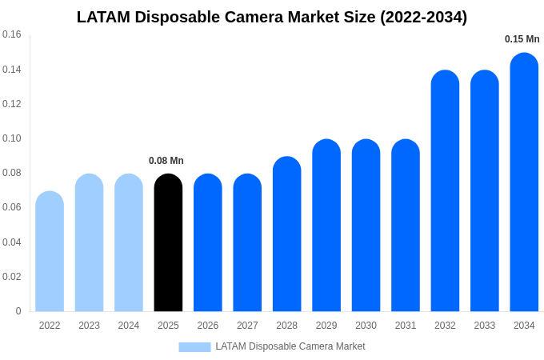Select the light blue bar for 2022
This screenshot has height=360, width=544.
(x=50, y=251)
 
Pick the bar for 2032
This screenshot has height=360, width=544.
(x=445, y=191)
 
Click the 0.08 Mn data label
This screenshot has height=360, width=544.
(x=166, y=161)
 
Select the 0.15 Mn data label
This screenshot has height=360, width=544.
(x=522, y=39)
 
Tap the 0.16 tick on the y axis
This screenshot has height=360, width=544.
(x=12, y=34)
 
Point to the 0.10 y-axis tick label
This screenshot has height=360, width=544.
(x=12, y=138)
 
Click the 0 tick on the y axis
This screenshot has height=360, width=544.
(x=18, y=311)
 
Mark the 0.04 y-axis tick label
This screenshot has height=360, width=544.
(x=12, y=242)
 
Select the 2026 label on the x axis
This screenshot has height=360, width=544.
(x=208, y=326)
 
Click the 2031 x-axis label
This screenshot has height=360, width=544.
(x=406, y=326)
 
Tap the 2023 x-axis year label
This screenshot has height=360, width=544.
(x=89, y=326)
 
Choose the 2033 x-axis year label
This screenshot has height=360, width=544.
(x=485, y=326)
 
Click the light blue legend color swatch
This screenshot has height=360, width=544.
(x=194, y=347)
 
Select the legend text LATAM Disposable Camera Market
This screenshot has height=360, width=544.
(x=290, y=346)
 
